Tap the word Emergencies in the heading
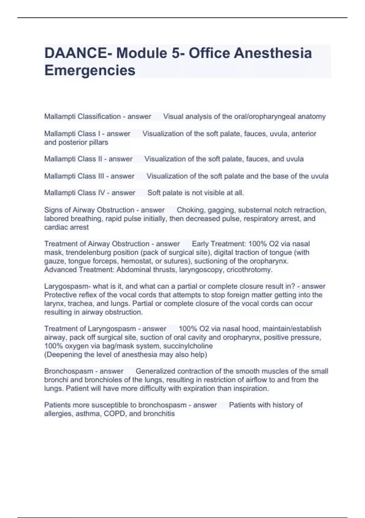tap(90, 70)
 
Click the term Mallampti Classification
tap(82, 116)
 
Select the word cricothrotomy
tap(249, 270)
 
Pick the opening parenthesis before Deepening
tap(45, 355)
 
